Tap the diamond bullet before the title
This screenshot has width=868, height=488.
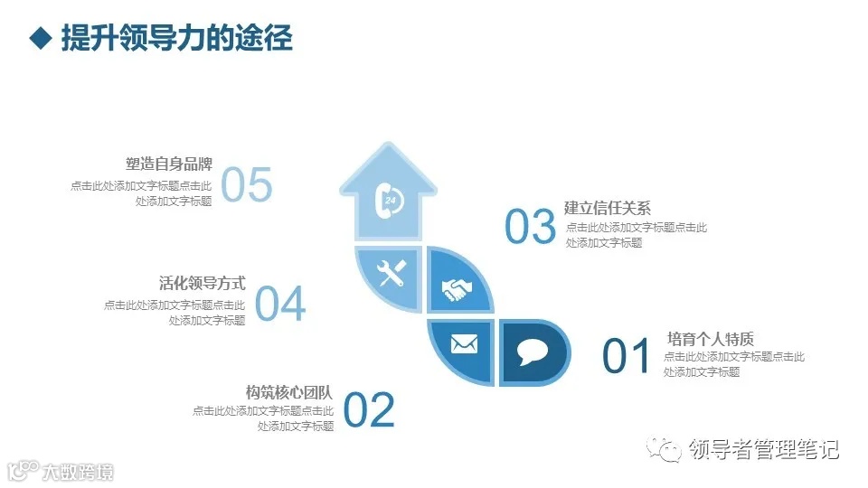coord(38,38)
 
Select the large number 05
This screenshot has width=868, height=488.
coord(246,185)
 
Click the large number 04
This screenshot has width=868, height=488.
coord(280,305)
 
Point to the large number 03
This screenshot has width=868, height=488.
coord(530,227)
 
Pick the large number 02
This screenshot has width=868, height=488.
coord(369,411)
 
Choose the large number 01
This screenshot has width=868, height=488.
coord(627,356)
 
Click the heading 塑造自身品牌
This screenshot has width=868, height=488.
coord(169,164)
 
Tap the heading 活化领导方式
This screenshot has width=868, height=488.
coord(202,284)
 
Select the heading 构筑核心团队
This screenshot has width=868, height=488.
coord(289,393)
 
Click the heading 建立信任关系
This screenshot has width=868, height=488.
coord(608,208)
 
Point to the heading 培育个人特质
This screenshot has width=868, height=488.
coord(710,339)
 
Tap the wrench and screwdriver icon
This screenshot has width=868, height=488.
coord(391,275)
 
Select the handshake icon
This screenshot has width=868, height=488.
coord(458,288)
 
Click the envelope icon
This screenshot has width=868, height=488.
coord(463,344)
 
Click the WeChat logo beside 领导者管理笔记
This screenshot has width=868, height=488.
coord(668,449)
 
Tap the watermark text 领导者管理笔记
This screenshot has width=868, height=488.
coord(763,449)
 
